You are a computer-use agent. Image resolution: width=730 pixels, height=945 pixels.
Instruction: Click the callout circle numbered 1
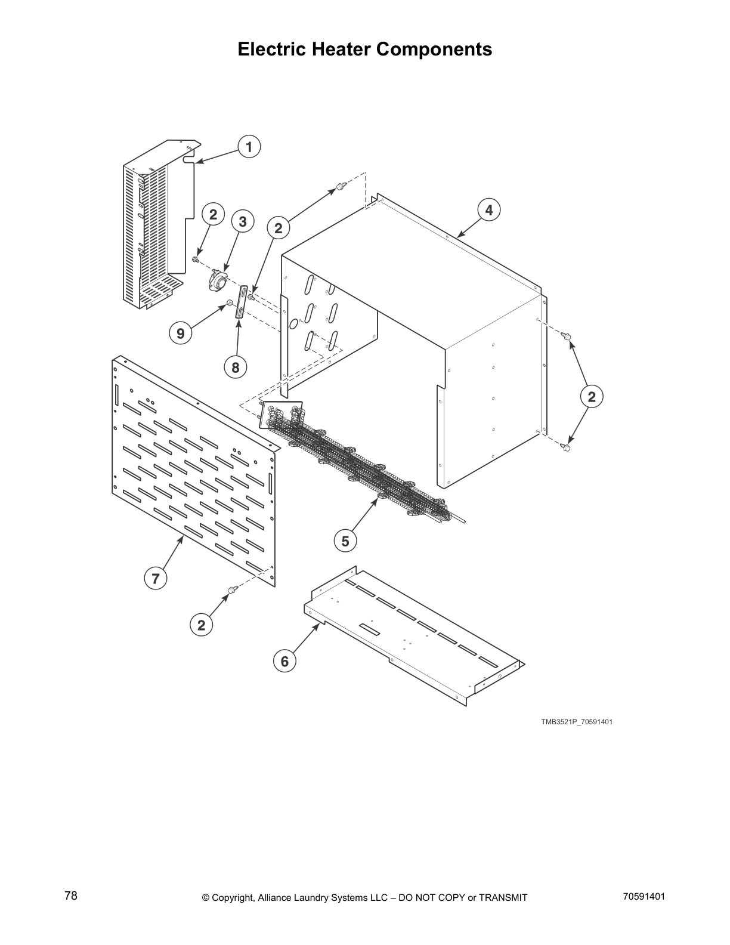click(x=249, y=147)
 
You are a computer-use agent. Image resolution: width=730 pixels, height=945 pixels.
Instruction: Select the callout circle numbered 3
click(x=243, y=222)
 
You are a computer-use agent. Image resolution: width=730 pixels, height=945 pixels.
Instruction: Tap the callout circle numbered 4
click(x=489, y=210)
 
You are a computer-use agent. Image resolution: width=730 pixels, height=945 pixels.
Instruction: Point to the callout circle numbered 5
click(x=345, y=541)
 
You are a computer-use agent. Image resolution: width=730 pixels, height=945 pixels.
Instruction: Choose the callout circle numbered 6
click(x=284, y=661)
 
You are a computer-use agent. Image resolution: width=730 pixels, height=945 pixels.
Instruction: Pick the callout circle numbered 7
click(x=155, y=578)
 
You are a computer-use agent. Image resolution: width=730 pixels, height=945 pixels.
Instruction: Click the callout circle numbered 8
click(x=236, y=367)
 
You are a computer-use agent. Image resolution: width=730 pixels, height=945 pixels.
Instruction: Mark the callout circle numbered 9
click(x=181, y=333)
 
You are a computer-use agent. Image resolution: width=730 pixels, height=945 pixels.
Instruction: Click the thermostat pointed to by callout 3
click(x=219, y=280)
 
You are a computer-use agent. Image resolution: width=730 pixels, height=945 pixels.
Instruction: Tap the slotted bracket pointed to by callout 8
click(x=242, y=303)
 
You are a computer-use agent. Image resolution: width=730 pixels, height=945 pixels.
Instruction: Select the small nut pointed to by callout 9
click(x=230, y=305)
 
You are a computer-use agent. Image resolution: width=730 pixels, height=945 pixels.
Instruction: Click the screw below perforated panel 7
click(x=231, y=590)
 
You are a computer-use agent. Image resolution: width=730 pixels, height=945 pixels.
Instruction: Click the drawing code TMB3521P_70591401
click(x=577, y=722)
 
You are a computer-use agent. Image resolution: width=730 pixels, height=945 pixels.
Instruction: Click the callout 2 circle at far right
click(x=592, y=397)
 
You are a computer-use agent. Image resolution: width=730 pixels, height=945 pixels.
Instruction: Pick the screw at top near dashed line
click(x=340, y=186)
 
